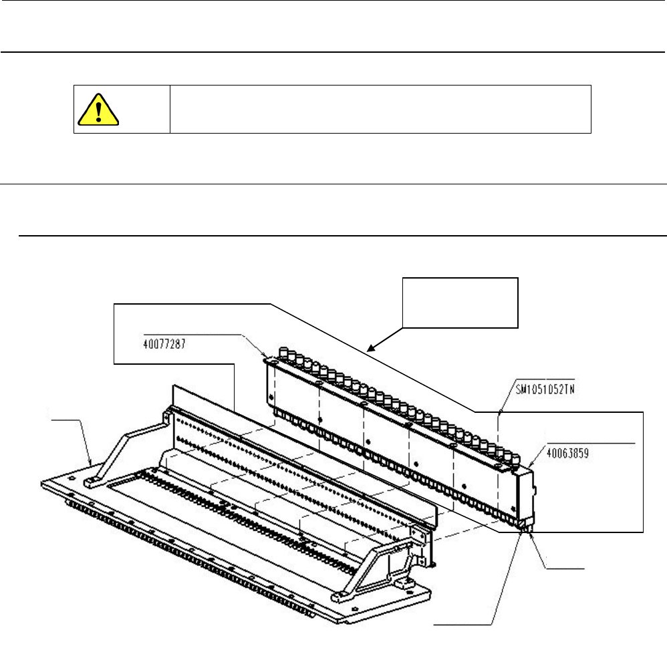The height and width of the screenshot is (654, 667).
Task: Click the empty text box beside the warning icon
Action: coord(381,109)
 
